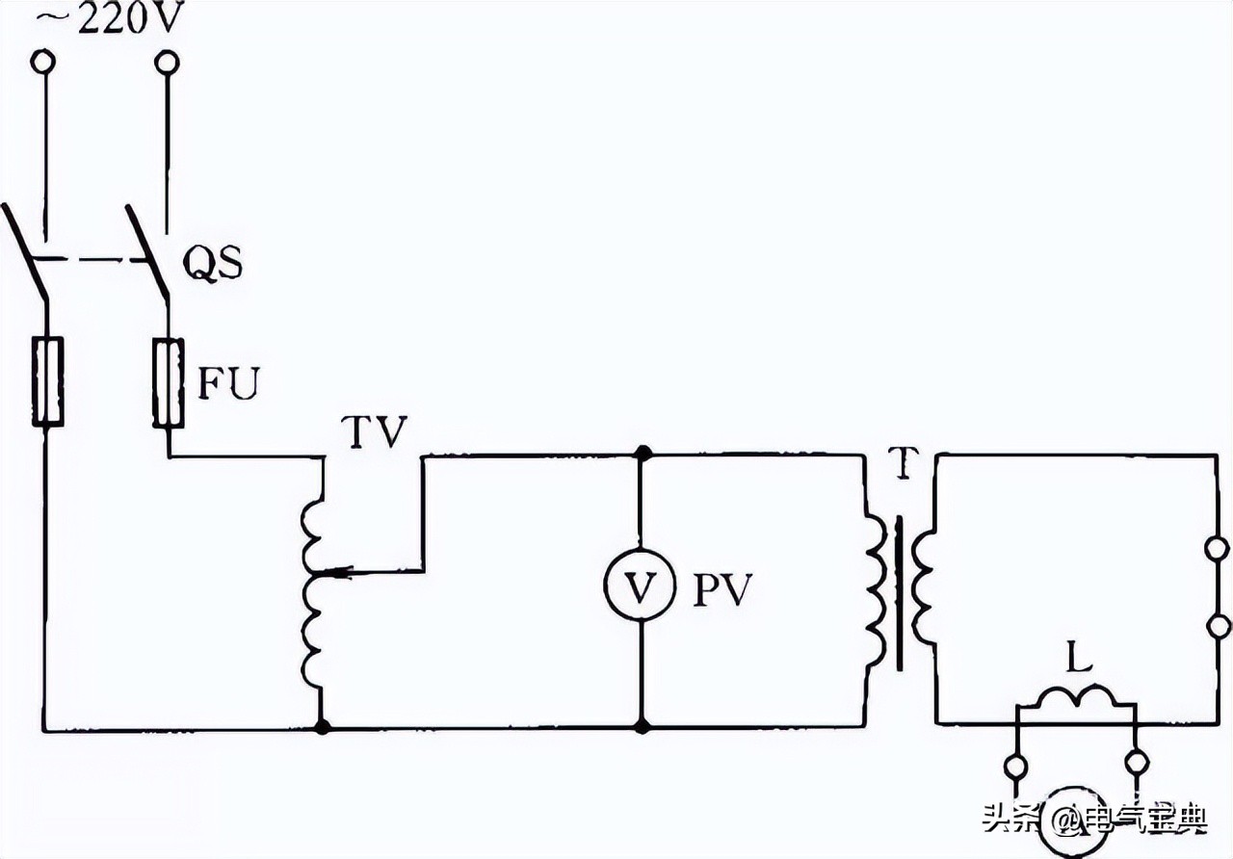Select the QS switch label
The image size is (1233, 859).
tap(212, 263)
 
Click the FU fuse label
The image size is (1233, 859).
tap(230, 383)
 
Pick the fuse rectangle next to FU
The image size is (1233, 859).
tap(169, 381)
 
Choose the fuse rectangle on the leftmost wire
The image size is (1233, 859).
tap(48, 381)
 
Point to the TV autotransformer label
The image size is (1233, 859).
tap(377, 432)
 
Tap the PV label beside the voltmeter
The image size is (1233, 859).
tap(721, 588)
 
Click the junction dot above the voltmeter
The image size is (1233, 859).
tap(641, 453)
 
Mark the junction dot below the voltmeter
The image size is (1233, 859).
tap(641, 726)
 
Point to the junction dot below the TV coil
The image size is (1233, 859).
tap(322, 726)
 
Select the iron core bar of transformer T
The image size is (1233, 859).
tap(901, 592)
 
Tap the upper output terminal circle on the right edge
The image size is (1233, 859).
tap(1219, 549)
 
